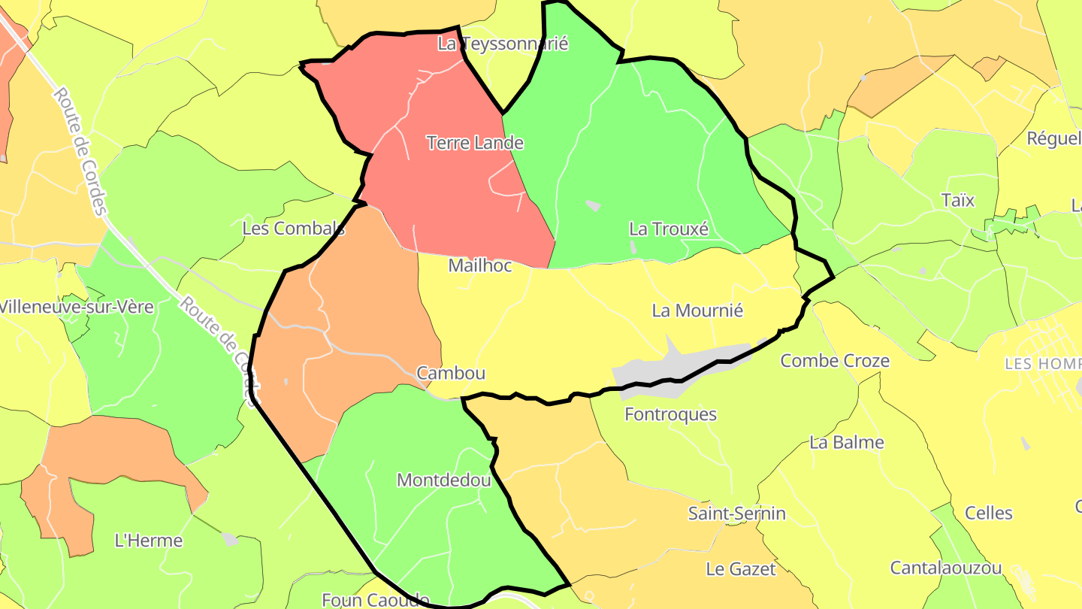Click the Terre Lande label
pyautogui.click(x=475, y=142)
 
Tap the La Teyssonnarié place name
pyautogui.click(x=503, y=44)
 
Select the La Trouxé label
pyautogui.click(x=669, y=229)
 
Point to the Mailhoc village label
pyautogui.click(x=479, y=265)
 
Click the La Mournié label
pyautogui.click(x=697, y=310)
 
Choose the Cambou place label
pyautogui.click(x=451, y=373)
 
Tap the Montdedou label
pyautogui.click(x=443, y=480)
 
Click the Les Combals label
pyautogui.click(x=294, y=228)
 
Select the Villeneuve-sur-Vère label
pyautogui.click(x=77, y=307)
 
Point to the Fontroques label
pyautogui.click(x=671, y=414)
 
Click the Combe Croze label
pyautogui.click(x=835, y=361)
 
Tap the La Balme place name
pyautogui.click(x=847, y=442)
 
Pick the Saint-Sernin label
pyautogui.click(x=737, y=514)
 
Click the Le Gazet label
pyautogui.click(x=741, y=569)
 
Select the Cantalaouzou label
pyautogui.click(x=946, y=568)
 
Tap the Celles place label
pyautogui.click(x=989, y=514)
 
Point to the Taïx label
pyautogui.click(x=958, y=200)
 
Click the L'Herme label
pyautogui.click(x=149, y=540)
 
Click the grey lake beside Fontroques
pyautogui.click(x=661, y=373)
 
